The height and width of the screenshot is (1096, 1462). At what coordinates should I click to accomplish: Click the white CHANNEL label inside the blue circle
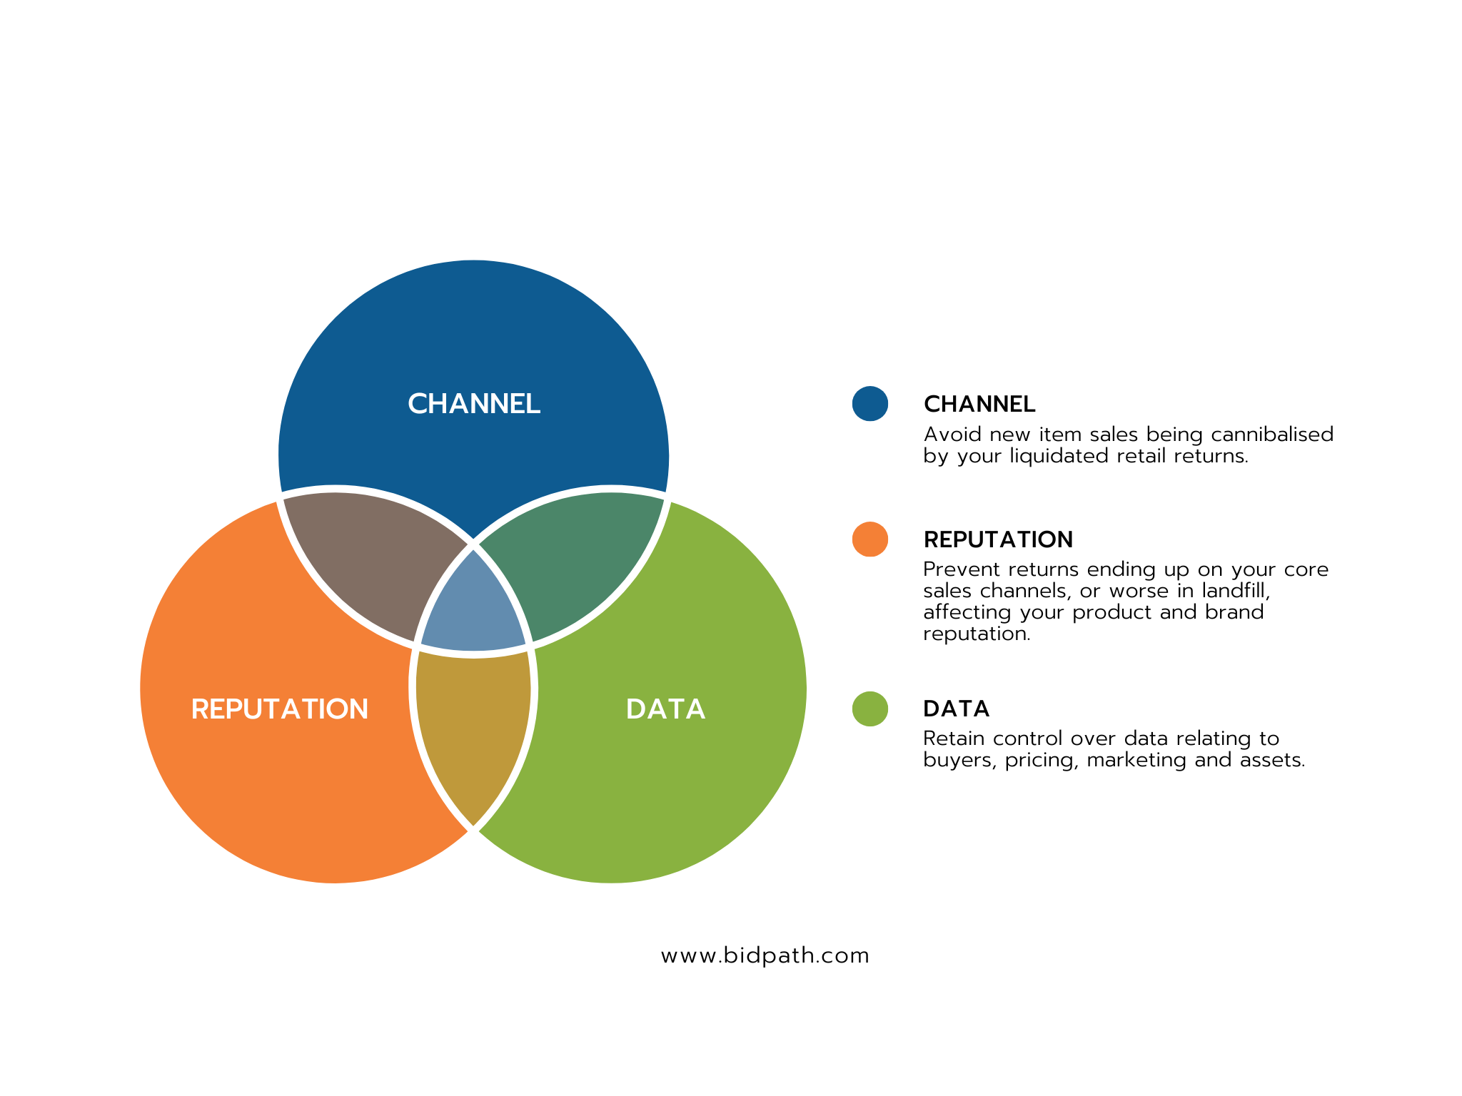coord(474,404)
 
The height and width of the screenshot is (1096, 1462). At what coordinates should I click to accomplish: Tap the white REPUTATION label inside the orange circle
coord(280,709)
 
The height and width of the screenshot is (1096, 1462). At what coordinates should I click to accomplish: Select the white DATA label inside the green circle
coord(665,709)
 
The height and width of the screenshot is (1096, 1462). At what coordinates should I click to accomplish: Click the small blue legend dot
coord(870,404)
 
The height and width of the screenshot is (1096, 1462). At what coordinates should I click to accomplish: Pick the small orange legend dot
coord(870,539)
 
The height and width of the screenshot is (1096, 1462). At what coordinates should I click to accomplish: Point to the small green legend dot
coord(870,709)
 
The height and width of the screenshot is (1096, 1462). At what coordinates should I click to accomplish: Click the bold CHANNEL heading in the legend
coord(979,404)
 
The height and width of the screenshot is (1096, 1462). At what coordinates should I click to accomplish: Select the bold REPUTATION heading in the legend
coord(998,539)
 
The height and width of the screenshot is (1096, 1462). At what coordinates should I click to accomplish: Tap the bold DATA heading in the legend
coord(957,709)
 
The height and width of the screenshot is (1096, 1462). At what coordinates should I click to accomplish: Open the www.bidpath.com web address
coord(765,955)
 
